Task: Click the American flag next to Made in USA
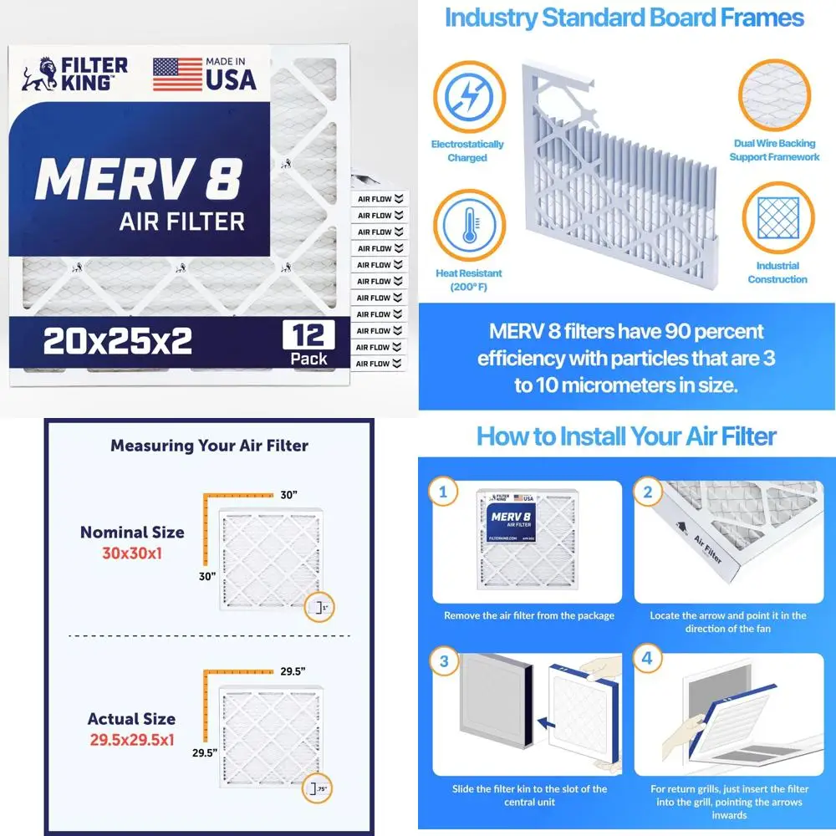pos(177,74)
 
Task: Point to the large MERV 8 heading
pos(139,177)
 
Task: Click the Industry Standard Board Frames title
pos(624,18)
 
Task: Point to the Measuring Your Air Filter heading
pos(209,446)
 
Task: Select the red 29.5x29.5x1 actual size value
pos(132,739)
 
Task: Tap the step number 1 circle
pos(443,492)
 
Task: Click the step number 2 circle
pos(646,492)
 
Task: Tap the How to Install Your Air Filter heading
pos(626,436)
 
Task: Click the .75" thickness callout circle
pos(319,788)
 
